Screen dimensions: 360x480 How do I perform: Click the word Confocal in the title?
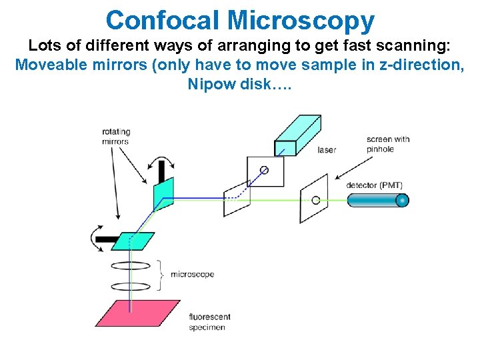point(163,20)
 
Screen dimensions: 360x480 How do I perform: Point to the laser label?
point(327,150)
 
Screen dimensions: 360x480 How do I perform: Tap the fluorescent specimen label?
point(210,322)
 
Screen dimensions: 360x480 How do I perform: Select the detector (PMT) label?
point(375,185)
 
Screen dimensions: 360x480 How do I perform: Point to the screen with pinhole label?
point(388,144)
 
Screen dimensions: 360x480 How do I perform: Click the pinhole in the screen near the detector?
point(316,199)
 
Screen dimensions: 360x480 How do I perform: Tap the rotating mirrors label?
point(116,136)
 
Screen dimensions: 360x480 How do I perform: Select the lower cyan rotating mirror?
point(133,241)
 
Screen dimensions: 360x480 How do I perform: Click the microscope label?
point(192,275)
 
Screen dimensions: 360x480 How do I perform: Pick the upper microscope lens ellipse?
point(131,265)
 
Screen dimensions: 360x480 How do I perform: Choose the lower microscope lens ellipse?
point(131,287)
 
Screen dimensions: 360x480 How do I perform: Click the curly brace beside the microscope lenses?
point(161,275)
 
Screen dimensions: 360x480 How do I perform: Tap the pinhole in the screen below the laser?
point(264,170)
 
